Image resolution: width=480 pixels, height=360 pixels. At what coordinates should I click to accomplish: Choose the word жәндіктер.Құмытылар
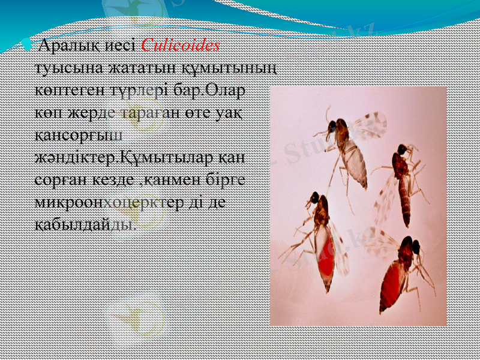pos(125,158)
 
